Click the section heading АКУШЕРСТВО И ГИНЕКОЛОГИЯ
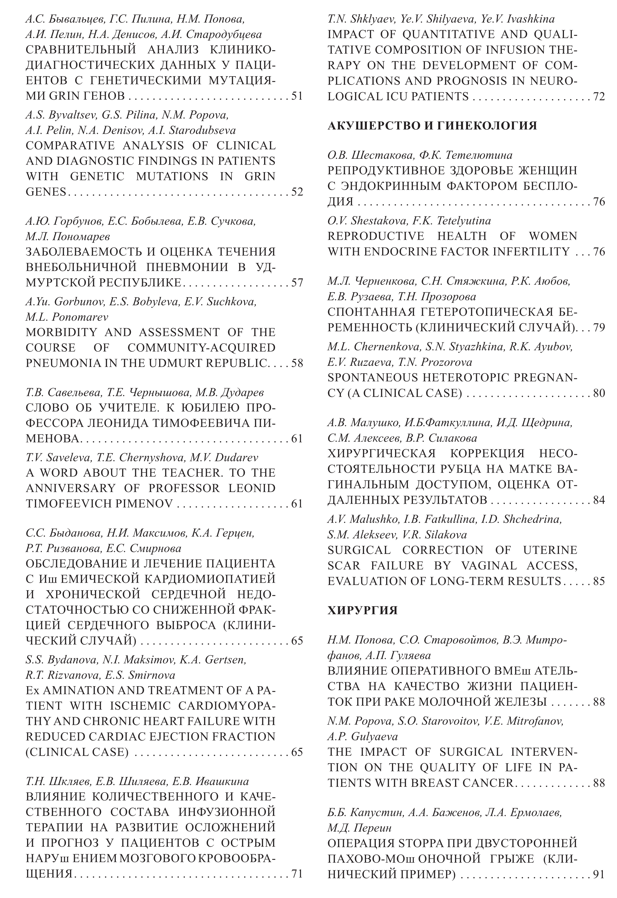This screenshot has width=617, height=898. (432, 126)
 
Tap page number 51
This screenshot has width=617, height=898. (296, 96)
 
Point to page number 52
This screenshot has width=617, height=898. (296, 192)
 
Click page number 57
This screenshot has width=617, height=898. (296, 282)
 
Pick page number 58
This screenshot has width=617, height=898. (296, 363)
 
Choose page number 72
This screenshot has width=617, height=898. (599, 96)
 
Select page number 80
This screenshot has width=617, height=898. (599, 393)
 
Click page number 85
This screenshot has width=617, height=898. (599, 581)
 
